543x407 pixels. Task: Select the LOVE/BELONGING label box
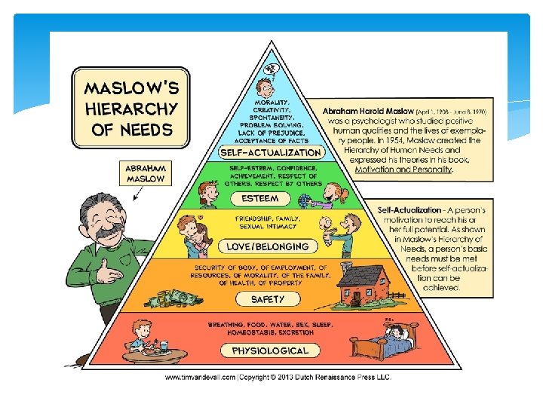click(x=268, y=246)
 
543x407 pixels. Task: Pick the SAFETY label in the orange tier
click(x=268, y=299)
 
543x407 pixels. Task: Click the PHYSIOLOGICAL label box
click(x=270, y=350)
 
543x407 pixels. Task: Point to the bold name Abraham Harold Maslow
click(x=364, y=111)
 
